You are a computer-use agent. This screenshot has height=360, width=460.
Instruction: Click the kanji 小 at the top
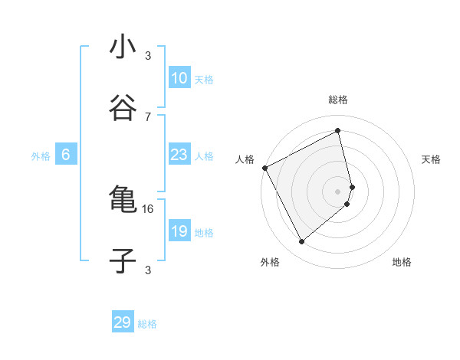123,47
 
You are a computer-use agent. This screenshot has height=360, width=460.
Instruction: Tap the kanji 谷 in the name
123,109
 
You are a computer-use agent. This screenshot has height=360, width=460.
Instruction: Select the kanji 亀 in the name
123,201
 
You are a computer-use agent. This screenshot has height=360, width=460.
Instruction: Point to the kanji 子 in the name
123,261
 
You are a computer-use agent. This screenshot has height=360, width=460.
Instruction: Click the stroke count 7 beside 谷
148,116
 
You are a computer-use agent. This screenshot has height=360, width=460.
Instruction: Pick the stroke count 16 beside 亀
148,208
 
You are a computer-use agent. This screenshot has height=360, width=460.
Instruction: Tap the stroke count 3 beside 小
148,55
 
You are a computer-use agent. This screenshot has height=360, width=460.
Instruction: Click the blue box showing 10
179,78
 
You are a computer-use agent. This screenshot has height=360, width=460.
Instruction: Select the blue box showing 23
179,155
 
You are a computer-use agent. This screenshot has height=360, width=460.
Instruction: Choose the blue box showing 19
179,231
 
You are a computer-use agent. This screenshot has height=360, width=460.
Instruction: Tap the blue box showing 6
66,155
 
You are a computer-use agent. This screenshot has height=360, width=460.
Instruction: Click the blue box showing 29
123,322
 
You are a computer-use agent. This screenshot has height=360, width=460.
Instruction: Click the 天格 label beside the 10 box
204,79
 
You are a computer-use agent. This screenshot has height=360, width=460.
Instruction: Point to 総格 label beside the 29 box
147,324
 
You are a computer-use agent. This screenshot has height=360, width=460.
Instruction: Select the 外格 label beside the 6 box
41,155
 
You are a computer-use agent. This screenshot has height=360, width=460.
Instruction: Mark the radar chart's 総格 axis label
338,100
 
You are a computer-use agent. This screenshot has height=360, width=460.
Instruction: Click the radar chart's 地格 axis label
402,263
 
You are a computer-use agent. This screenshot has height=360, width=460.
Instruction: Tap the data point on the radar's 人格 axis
265,167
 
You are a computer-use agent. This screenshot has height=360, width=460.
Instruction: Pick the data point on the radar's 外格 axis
301,242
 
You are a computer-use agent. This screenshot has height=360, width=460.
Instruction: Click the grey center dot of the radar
338,191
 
